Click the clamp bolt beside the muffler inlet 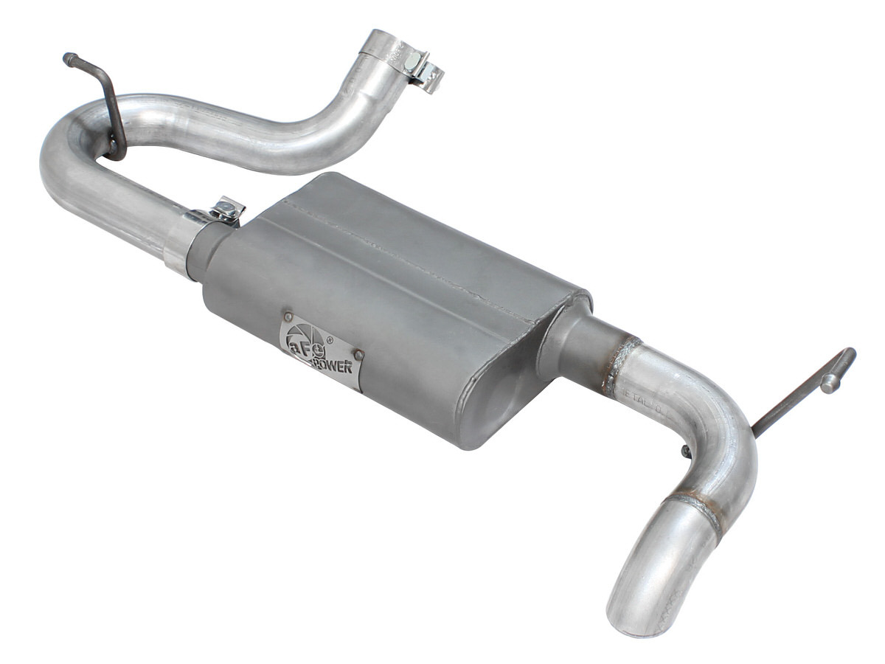(230, 210)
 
